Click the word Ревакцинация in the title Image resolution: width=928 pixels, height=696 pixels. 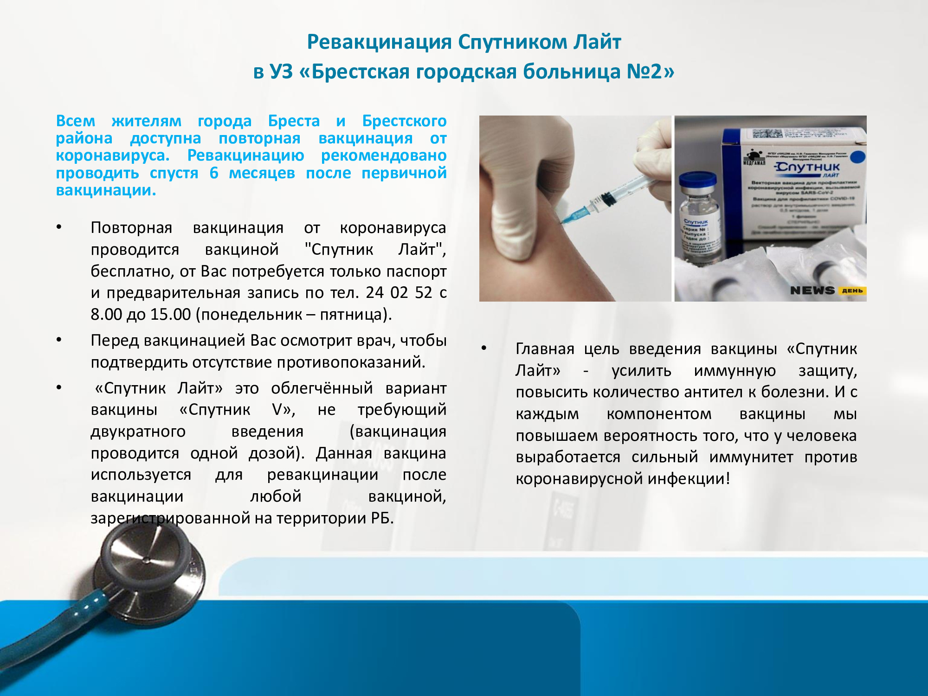point(379,42)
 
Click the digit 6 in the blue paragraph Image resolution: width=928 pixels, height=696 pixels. point(213,173)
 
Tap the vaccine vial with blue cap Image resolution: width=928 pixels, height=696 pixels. point(698,218)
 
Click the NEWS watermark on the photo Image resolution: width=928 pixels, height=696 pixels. point(812,290)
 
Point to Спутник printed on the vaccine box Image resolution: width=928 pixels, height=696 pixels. point(808,167)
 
